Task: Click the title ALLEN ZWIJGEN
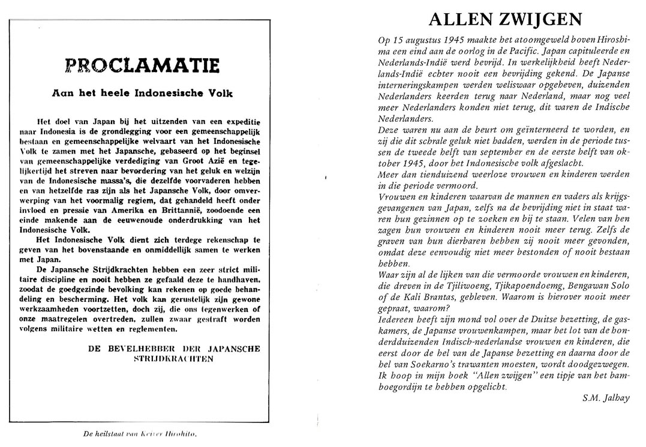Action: (x=506, y=20)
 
